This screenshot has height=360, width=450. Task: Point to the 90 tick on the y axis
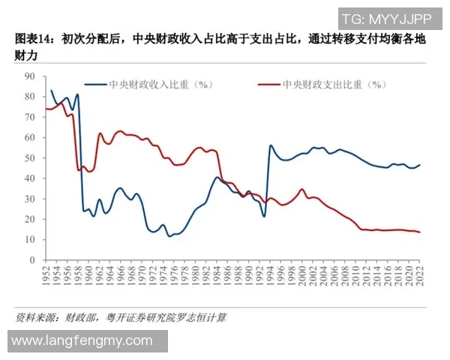[x=30, y=76]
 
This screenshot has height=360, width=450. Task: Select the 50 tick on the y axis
[x=30, y=158]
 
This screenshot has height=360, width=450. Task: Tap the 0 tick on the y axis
[x=32, y=260]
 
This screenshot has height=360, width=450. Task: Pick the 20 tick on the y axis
[x=30, y=220]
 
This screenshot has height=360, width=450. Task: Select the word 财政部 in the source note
[x=94, y=317]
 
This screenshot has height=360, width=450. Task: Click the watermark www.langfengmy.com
[x=82, y=341]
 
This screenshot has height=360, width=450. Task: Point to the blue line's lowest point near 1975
[x=169, y=236]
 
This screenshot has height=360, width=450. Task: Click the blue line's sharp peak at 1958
[x=77, y=95]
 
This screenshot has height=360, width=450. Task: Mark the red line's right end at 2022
[x=419, y=232]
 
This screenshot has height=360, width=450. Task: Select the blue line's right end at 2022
[x=419, y=165]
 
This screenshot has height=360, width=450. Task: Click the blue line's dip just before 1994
[x=264, y=217]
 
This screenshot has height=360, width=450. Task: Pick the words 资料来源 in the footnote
[x=37, y=317]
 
